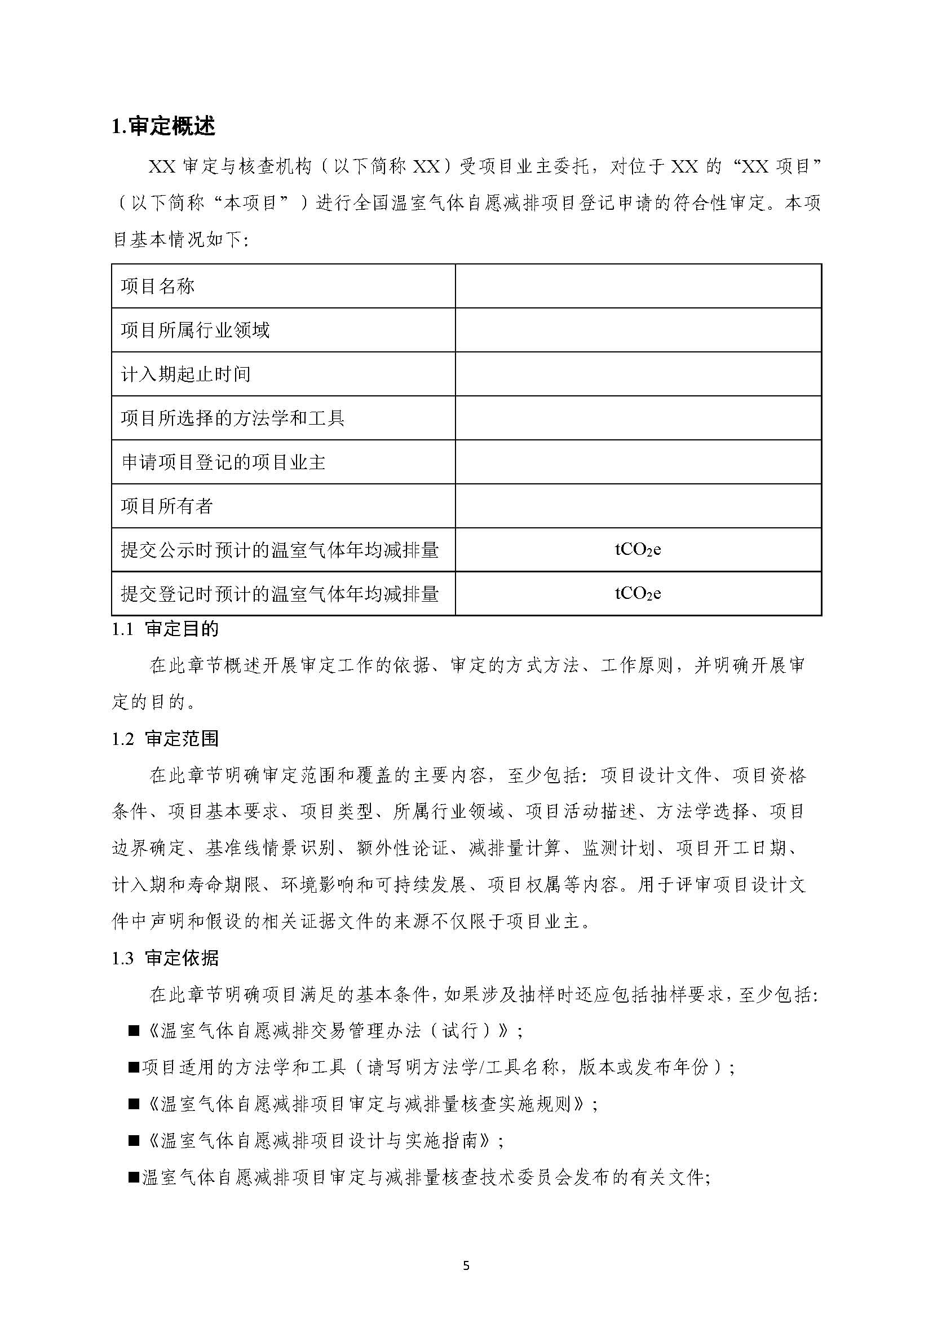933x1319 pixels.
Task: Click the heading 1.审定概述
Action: (x=163, y=126)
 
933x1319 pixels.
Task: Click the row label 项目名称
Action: (x=157, y=286)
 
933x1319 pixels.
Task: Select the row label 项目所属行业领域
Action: (x=194, y=330)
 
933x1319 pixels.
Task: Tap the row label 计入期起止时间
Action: (x=185, y=374)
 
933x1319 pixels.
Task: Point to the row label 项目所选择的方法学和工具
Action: (x=232, y=418)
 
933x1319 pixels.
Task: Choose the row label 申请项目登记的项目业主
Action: (x=223, y=462)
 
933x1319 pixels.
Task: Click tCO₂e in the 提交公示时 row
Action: (x=638, y=549)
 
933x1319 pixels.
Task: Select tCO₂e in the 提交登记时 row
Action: (x=638, y=593)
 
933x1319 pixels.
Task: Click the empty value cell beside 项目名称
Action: (x=638, y=286)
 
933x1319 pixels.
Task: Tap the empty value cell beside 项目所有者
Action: (x=638, y=506)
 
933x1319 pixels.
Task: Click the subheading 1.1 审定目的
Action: (x=165, y=629)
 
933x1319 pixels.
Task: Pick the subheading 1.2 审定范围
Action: (x=165, y=739)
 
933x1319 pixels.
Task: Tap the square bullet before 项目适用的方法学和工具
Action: (x=134, y=1068)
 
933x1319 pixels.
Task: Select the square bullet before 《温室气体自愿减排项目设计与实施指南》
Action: (x=134, y=1141)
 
